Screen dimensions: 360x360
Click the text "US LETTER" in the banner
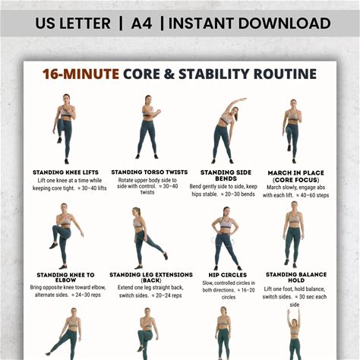pyautogui.click(x=73, y=24)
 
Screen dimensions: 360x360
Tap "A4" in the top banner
pyautogui.click(x=141, y=24)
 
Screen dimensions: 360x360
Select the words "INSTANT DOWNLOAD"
pyautogui.click(x=250, y=24)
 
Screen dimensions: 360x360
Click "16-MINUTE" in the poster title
pyautogui.click(x=81, y=74)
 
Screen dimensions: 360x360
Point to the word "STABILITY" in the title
pyautogui.click(x=214, y=74)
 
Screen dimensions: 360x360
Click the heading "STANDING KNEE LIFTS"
pyautogui.click(x=65, y=172)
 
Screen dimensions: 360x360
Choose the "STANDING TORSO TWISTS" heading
pyautogui.click(x=150, y=172)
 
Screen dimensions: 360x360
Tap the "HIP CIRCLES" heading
pyautogui.click(x=228, y=275)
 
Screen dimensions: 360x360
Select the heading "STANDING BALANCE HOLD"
pyautogui.click(x=296, y=277)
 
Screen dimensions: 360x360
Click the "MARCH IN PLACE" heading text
pyautogui.click(x=296, y=173)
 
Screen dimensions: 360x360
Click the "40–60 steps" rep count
pyautogui.click(x=314, y=195)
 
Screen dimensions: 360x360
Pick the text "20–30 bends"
pyautogui.click(x=240, y=194)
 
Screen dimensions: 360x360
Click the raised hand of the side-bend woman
pyautogui.click(x=244, y=99)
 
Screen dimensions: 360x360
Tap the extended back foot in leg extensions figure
pyautogui.click(x=166, y=256)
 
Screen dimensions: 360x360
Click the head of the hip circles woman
pyautogui.click(x=226, y=212)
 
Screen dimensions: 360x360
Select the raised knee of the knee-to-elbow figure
pyautogui.click(x=55, y=229)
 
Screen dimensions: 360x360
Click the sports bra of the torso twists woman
pyautogui.click(x=148, y=112)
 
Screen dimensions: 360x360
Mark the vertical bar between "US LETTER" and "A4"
pyautogui.click(x=121, y=24)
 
